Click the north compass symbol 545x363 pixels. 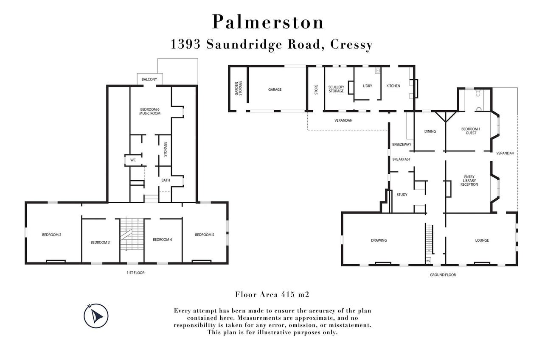[96, 316]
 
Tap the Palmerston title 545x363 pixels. [268, 22]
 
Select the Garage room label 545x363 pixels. [275, 89]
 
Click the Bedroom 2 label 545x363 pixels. [52, 235]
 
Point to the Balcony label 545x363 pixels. [149, 79]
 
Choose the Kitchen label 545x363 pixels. [393, 86]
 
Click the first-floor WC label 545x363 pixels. [133, 160]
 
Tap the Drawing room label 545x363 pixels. [379, 240]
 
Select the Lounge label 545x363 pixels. [482, 240]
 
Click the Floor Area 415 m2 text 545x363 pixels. [272, 294]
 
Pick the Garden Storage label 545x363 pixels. [239, 88]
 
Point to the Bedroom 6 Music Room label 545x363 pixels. [150, 112]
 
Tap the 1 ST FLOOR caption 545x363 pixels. [135, 273]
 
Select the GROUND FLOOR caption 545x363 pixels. [443, 275]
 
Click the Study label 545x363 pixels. [402, 195]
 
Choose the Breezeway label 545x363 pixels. [402, 145]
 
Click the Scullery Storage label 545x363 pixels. [336, 89]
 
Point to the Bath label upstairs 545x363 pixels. [166, 180]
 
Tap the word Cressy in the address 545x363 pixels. [351, 45]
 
